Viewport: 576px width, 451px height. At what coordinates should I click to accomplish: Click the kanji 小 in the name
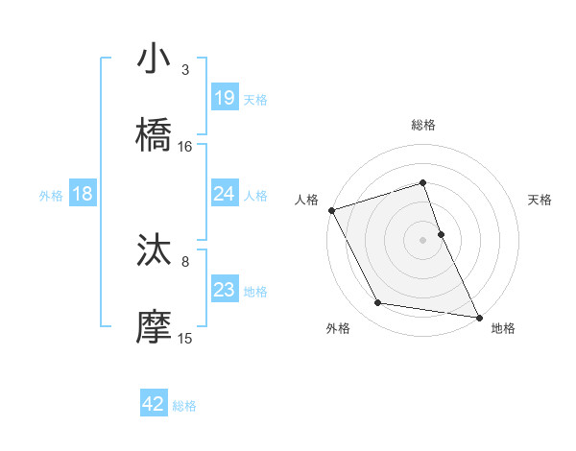[x=155, y=59]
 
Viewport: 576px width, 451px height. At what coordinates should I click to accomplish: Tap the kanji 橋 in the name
[x=155, y=135]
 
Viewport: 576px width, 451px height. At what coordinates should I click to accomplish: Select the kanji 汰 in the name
[x=155, y=250]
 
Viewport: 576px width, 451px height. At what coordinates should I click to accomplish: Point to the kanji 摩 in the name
[x=155, y=327]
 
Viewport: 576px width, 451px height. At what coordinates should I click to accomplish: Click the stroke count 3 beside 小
[x=185, y=70]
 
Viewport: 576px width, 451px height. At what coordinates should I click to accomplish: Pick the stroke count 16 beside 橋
[x=185, y=147]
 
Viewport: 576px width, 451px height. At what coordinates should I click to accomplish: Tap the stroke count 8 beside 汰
[x=185, y=261]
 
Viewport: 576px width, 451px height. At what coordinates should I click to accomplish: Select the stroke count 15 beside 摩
[x=185, y=338]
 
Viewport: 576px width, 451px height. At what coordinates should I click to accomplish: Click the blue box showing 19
[x=225, y=98]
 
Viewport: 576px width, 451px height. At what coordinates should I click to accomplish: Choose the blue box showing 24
[x=225, y=194]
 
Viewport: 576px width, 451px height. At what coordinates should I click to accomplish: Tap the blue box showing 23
[x=225, y=290]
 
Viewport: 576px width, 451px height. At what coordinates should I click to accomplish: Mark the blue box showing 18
[x=83, y=194]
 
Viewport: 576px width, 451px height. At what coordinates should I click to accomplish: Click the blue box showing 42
[x=154, y=405]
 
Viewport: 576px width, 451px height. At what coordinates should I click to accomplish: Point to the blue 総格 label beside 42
[x=184, y=406]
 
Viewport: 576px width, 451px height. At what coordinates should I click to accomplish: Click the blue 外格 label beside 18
[x=51, y=195]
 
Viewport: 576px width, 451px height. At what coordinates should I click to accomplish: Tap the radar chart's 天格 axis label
[x=540, y=200]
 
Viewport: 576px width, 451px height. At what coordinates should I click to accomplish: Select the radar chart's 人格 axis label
[x=306, y=200]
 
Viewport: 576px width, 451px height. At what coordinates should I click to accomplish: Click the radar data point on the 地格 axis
[x=478, y=316]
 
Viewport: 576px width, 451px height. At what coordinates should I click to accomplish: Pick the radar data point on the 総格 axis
[x=422, y=182]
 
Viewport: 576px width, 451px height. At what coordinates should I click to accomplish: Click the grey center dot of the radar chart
[x=422, y=239]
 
